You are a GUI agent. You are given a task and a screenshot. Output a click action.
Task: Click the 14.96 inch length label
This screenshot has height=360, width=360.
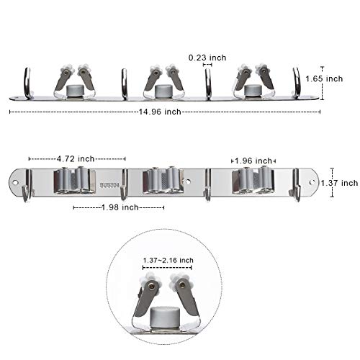click(164, 112)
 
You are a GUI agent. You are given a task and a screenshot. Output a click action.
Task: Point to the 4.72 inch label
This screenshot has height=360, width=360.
click(77, 159)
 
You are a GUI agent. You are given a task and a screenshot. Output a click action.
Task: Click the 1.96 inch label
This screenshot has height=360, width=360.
click(255, 161)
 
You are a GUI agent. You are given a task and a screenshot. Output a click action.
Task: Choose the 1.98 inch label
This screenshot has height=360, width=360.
click(119, 207)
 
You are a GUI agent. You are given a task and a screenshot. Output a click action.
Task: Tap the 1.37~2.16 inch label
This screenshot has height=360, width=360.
click(167, 259)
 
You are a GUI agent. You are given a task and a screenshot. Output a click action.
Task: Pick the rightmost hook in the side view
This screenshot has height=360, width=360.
click(296, 82)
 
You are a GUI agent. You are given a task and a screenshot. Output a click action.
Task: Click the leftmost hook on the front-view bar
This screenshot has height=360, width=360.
click(27, 186)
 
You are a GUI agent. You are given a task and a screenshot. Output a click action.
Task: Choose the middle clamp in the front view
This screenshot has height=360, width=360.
click(164, 180)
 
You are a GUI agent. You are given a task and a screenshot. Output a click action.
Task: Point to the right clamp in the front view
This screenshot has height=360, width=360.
click(253, 180)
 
